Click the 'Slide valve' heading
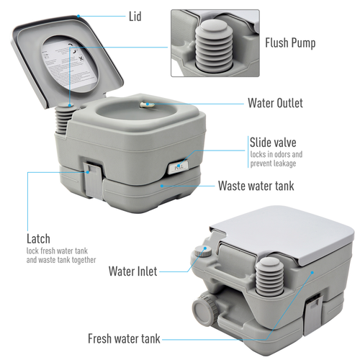coord(273,142)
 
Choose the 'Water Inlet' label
coord(132,271)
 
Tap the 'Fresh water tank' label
coord(124,338)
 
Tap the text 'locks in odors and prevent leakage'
coord(276,159)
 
